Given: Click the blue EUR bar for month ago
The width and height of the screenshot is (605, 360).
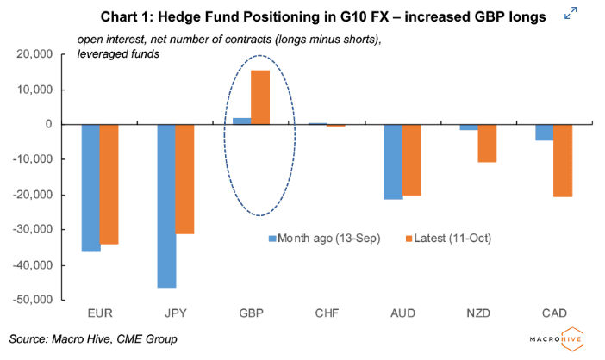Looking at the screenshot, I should pos(90,188).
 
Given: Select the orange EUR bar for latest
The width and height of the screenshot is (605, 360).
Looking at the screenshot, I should pos(109,184).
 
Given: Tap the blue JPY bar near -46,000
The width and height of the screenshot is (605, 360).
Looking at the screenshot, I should pos(165,206).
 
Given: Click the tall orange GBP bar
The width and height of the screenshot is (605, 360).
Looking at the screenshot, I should pos(260,97).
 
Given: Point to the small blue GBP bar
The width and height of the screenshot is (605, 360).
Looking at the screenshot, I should pos(241,121).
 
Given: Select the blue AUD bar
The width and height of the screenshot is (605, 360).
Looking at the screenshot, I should pos(392,162).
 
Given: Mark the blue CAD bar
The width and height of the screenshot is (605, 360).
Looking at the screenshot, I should pos(543,133).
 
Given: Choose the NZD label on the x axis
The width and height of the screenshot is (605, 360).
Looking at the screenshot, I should pos(477,315).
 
